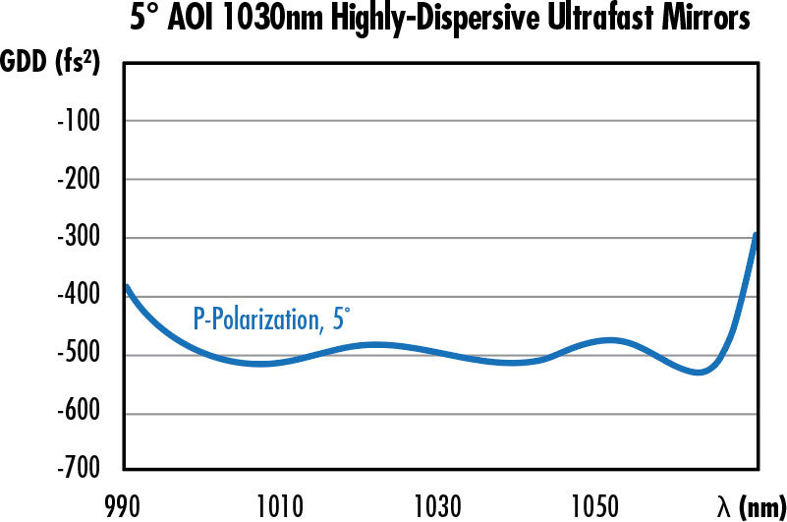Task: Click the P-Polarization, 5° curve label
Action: [x=271, y=320]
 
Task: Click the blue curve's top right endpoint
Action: [x=756, y=235]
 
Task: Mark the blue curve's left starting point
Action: [x=127, y=287]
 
